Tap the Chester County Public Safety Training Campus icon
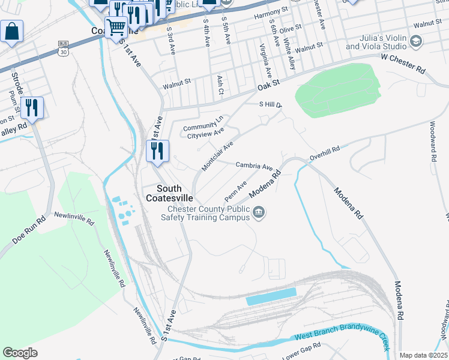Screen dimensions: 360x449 click(259, 212)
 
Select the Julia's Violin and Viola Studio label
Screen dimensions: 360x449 click(376, 42)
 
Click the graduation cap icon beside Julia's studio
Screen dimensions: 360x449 click(415, 41)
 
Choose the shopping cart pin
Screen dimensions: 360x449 click(116, 26)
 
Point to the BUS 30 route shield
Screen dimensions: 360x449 click(63, 48)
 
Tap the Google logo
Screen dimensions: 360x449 click(20, 353)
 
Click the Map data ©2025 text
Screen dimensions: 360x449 click(423, 355)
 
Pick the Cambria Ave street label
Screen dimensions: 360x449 click(254, 166)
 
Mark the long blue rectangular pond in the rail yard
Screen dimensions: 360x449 click(271, 296)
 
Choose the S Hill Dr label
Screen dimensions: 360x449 click(270, 104)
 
